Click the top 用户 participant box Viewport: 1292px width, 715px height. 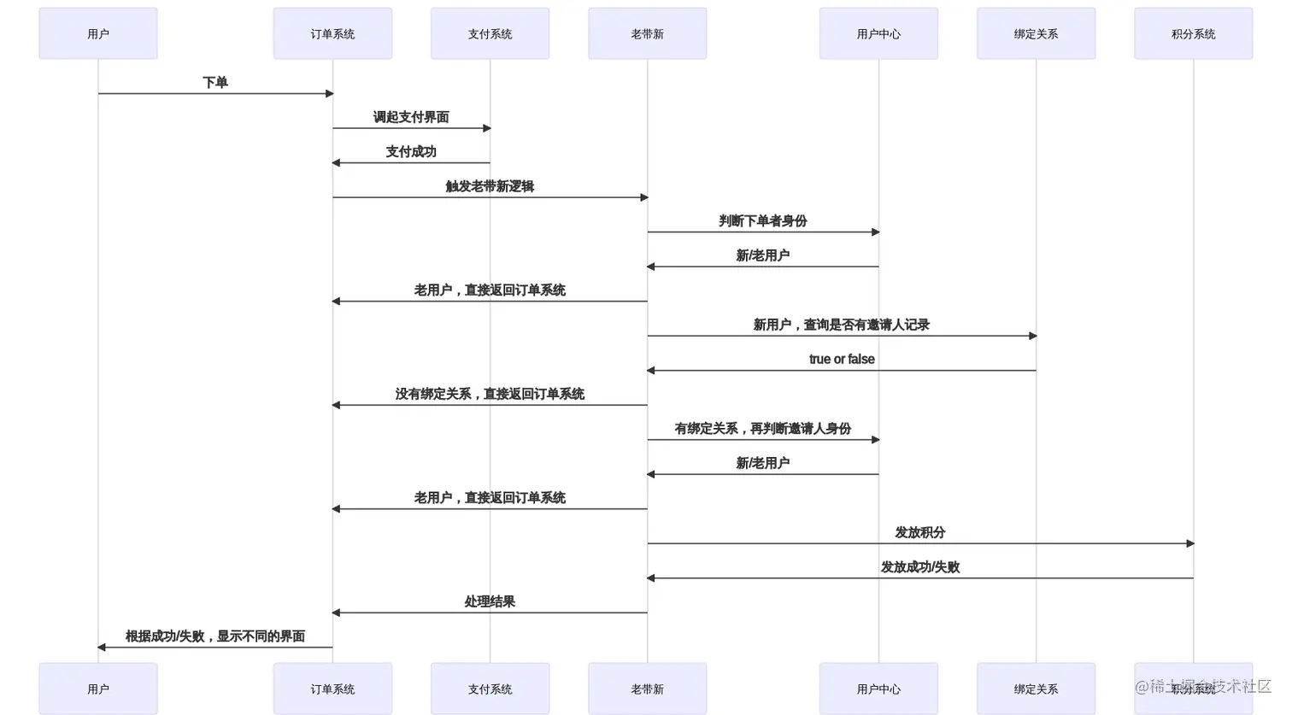(98, 34)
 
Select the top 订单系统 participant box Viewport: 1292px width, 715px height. (332, 34)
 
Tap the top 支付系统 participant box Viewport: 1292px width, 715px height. (490, 34)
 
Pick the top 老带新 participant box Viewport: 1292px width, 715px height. (647, 34)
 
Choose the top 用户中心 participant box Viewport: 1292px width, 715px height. (878, 34)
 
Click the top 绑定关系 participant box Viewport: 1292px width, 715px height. (1036, 34)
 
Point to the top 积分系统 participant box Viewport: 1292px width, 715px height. (1193, 34)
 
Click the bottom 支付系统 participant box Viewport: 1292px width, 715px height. (490, 689)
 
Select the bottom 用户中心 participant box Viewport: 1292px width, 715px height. (878, 689)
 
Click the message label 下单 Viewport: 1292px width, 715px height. (215, 83)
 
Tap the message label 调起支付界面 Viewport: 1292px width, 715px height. (411, 117)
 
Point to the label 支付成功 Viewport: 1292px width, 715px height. (411, 152)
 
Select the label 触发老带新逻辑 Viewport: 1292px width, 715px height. (490, 186)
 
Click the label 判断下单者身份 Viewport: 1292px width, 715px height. (763, 221)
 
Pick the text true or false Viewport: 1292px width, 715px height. (842, 360)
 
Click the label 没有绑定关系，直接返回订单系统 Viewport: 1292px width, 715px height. (490, 394)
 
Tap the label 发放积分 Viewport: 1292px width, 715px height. (920, 532)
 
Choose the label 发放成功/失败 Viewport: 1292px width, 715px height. (920, 567)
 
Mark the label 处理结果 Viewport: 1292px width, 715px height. (490, 601)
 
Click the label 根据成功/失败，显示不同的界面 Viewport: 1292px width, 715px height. (215, 636)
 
